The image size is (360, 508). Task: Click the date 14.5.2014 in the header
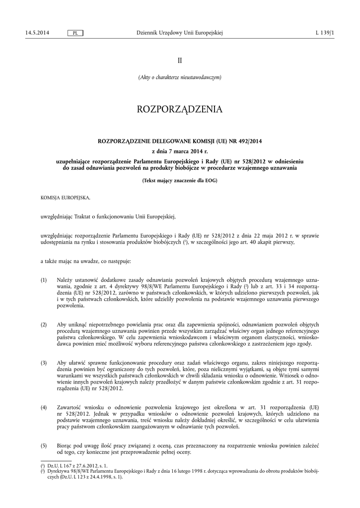point(37,33)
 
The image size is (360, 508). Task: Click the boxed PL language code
point(74,33)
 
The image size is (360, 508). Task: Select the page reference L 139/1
point(325,33)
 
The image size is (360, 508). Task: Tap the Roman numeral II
point(180,60)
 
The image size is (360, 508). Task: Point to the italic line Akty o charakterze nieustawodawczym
point(180,77)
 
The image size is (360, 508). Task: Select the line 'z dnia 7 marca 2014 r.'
point(180,151)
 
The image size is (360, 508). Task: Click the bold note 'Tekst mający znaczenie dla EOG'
point(180,180)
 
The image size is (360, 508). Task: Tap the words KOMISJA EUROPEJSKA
point(66,198)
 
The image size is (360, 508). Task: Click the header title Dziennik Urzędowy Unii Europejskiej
point(179,33)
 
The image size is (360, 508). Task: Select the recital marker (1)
point(44,280)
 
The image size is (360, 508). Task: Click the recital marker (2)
point(44,324)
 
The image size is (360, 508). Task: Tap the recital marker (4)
point(44,407)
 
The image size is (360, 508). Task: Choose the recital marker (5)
point(44,445)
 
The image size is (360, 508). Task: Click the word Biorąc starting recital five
point(65,445)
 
